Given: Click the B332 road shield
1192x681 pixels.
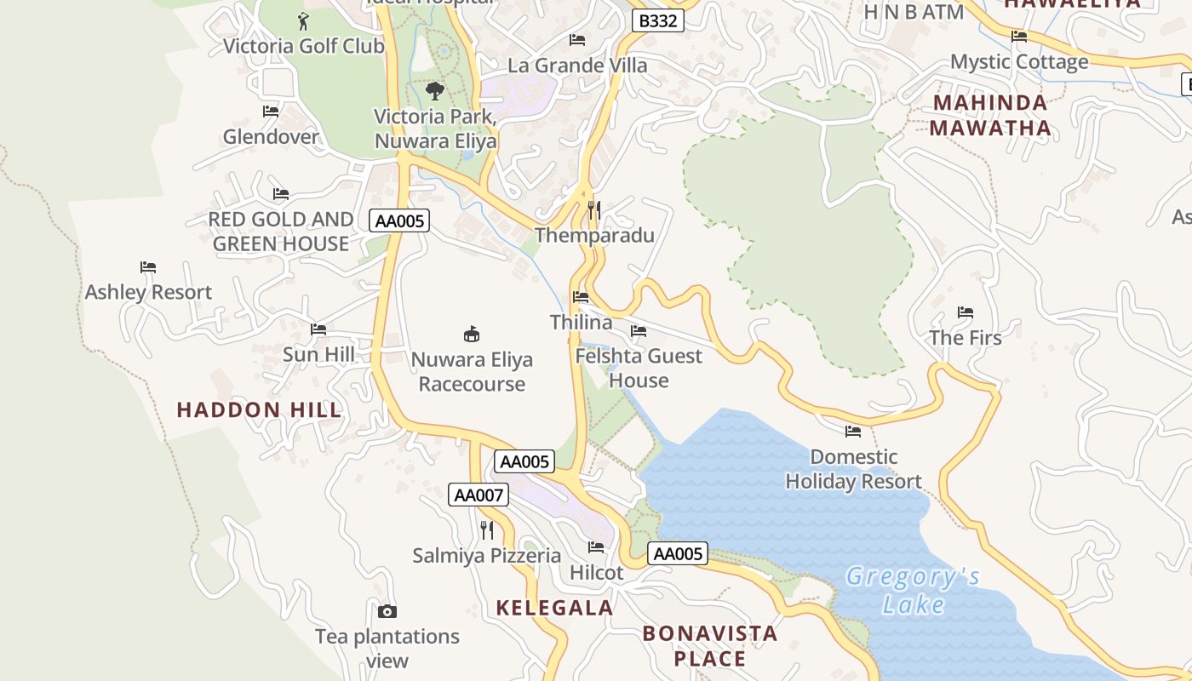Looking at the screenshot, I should point(658,20).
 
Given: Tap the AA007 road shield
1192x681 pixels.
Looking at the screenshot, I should point(479,495).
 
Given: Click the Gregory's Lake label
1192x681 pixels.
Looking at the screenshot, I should point(913,591).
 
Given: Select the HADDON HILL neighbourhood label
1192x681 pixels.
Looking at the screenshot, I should point(259,409).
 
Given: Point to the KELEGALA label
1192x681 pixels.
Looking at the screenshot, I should point(554,608).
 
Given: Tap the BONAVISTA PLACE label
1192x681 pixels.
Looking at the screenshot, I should point(710,645).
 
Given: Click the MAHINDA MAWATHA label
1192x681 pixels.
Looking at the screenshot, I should point(990,116).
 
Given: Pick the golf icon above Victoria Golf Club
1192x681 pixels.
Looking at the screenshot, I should point(303,20).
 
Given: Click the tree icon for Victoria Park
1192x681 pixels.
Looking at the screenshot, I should point(435,90).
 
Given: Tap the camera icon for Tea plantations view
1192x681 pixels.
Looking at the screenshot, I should point(387,611).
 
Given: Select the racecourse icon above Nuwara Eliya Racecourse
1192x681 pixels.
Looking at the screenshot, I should point(472,333).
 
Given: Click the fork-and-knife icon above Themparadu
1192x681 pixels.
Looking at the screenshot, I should point(594,209).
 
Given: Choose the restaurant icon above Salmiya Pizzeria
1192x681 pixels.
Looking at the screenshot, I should point(487,530).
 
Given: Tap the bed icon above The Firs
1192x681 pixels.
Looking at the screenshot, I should point(965,312).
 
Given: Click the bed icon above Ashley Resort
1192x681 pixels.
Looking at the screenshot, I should point(148,267).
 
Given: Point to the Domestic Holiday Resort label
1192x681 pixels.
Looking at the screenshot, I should point(853,469).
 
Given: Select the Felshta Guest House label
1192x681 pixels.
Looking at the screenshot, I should point(639,368).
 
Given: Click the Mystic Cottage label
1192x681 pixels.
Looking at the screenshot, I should point(1019,62).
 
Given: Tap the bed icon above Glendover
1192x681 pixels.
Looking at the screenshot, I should point(271,112).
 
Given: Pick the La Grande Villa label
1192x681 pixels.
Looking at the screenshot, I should point(577,66).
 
